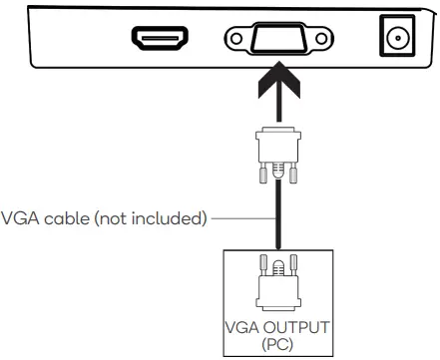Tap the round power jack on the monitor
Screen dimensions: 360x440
coord(396,38)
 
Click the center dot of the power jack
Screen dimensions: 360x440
coord(396,38)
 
